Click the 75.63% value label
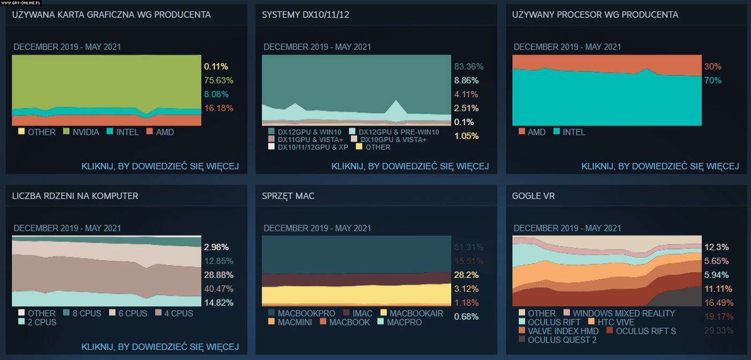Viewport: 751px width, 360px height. point(218,80)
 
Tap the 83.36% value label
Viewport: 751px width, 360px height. point(468,67)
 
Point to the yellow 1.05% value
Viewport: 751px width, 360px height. point(466,136)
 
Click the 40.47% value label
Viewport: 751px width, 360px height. point(219,289)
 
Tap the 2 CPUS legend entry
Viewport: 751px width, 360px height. point(42,322)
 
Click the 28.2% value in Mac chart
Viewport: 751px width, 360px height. point(466,275)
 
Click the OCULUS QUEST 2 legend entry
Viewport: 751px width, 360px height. point(562,340)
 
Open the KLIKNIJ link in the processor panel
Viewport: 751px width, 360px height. point(660,166)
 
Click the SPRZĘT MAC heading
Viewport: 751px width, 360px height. point(288,196)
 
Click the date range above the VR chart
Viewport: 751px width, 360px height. point(567,228)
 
